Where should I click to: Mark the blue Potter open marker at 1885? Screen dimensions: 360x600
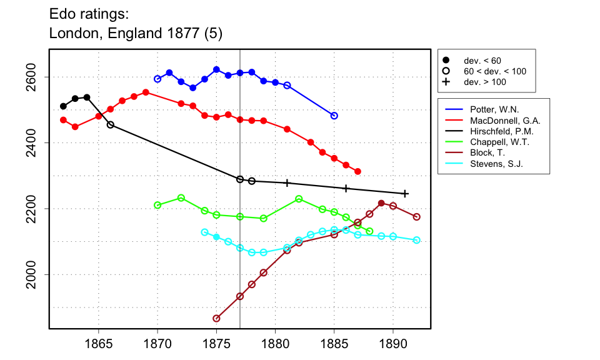pyautogui.click(x=334, y=116)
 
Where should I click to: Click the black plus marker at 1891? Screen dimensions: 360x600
pyautogui.click(x=405, y=194)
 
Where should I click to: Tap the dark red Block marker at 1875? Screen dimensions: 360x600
pyautogui.click(x=216, y=318)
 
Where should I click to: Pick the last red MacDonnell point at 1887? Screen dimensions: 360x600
pyautogui.click(x=357, y=171)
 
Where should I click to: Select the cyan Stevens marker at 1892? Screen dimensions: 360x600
pyautogui.click(x=417, y=240)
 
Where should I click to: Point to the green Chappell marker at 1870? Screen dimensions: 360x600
pyautogui.click(x=157, y=205)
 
